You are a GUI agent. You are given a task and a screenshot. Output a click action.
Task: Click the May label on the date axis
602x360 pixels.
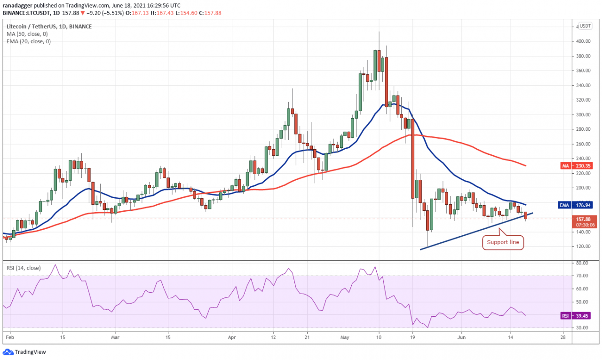[345, 337]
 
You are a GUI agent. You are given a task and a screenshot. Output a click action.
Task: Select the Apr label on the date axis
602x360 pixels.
[230, 337]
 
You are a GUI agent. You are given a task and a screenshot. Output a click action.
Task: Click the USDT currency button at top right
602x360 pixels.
[586, 26]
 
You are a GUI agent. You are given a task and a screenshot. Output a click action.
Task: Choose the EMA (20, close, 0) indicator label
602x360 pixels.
[29, 41]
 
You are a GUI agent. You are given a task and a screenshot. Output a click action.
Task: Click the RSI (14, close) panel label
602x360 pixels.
[23, 268]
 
